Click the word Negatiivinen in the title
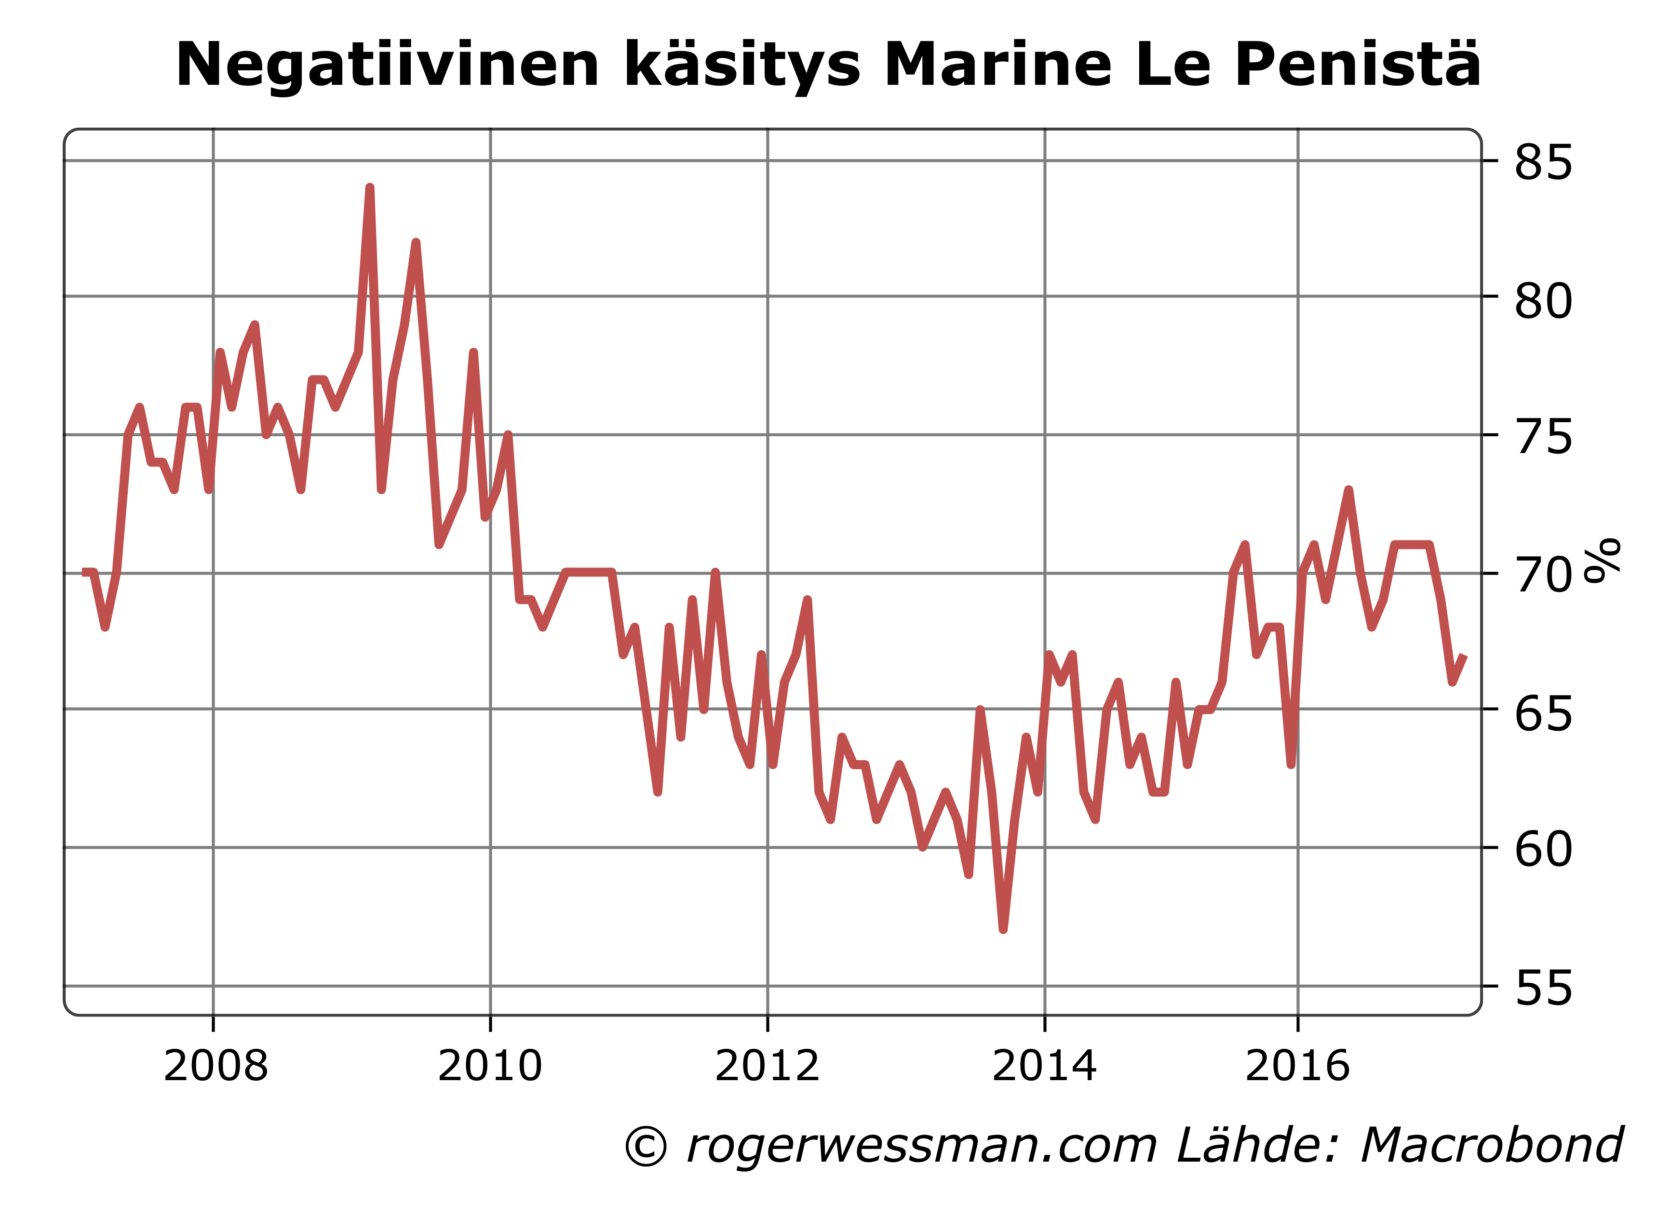tap(387, 66)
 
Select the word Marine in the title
tap(998, 66)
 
